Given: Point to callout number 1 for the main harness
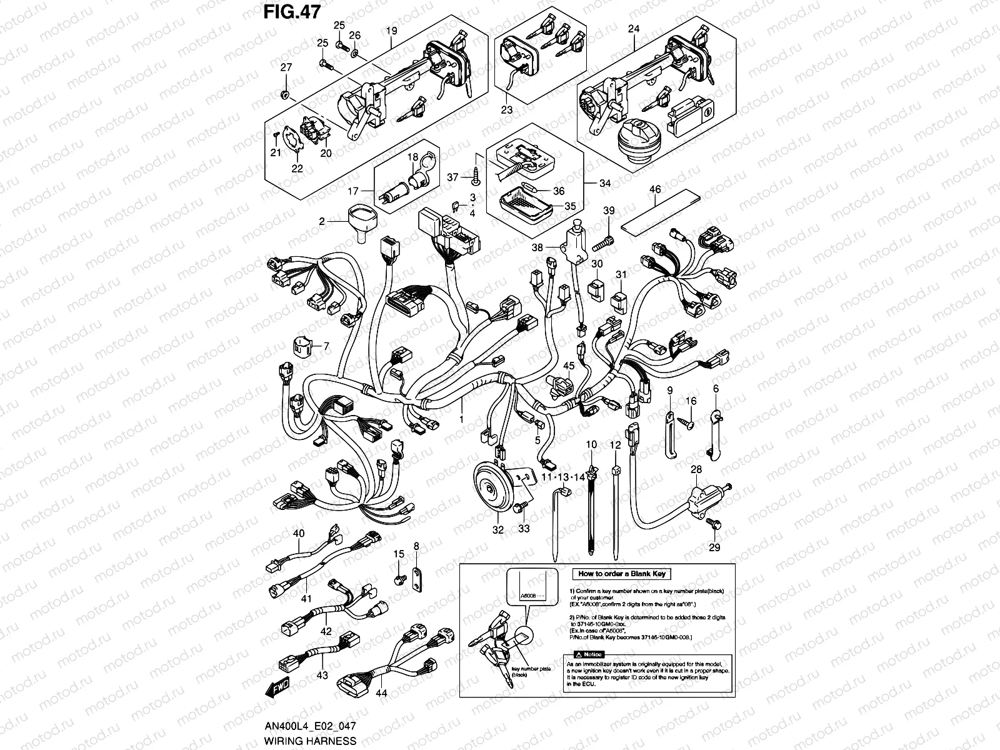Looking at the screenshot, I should pyautogui.click(x=461, y=419).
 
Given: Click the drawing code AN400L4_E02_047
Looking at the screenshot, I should pyautogui.click(x=311, y=727).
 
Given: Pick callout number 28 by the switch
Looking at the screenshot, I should pyautogui.click(x=696, y=469).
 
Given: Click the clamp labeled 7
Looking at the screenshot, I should pyautogui.click(x=304, y=347).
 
